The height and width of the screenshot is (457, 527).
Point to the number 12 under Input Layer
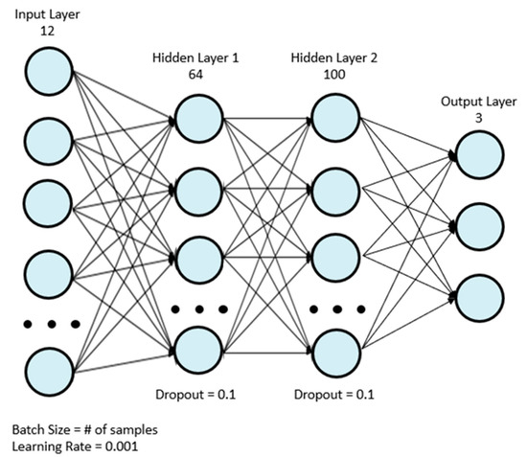tap(47, 32)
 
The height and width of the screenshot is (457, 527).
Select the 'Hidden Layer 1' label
tap(195, 57)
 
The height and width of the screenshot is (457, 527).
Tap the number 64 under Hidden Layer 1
tap(195, 74)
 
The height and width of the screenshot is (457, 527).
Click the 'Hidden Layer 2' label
tap(334, 57)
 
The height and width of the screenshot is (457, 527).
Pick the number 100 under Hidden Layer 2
tap(334, 74)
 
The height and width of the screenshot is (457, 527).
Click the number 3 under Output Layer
tap(478, 116)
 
